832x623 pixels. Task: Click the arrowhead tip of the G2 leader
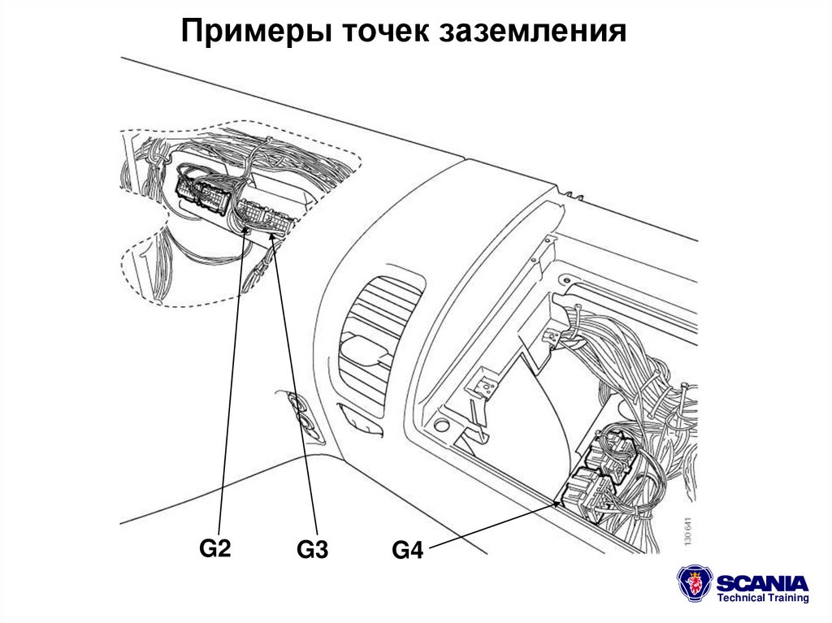[x=247, y=231]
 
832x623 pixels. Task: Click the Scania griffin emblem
[x=695, y=584]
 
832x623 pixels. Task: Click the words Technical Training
[x=763, y=599]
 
